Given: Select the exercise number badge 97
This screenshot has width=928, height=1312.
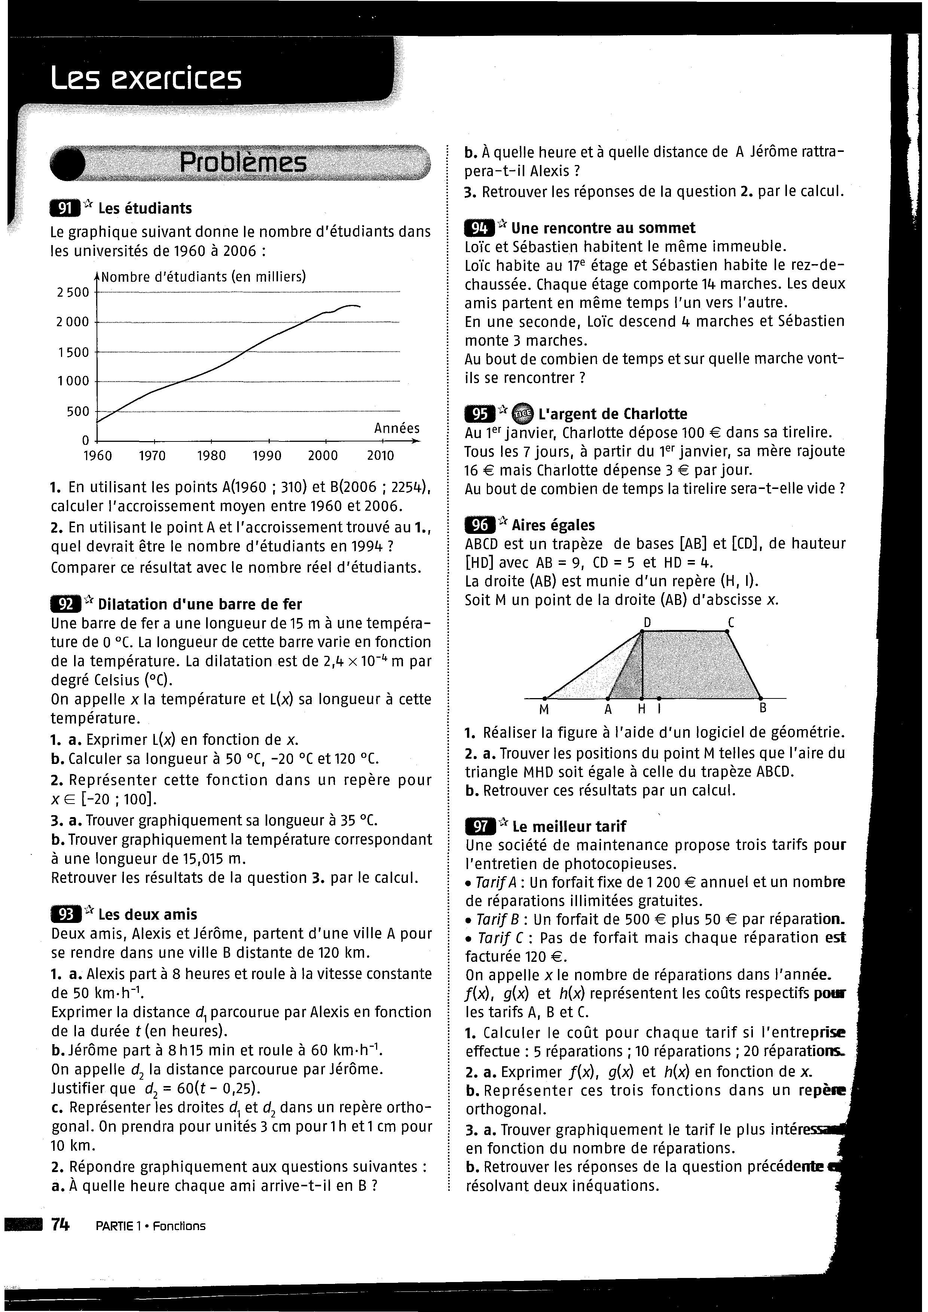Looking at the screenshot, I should point(480,826).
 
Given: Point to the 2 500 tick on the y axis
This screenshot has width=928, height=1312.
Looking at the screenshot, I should point(73,292).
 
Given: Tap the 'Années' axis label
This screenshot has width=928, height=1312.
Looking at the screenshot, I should point(397,428).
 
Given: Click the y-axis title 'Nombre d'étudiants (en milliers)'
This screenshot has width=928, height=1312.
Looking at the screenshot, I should point(204,276).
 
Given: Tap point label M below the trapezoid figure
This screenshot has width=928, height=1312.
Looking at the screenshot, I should point(544,710).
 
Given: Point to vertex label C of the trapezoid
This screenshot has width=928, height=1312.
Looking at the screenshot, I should point(731,622).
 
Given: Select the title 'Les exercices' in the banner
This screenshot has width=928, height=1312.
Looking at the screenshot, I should point(146,78).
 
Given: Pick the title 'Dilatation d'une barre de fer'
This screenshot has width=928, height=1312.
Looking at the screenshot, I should point(200,604).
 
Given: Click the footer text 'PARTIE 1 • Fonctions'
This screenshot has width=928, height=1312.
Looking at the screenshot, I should point(151,1226).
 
